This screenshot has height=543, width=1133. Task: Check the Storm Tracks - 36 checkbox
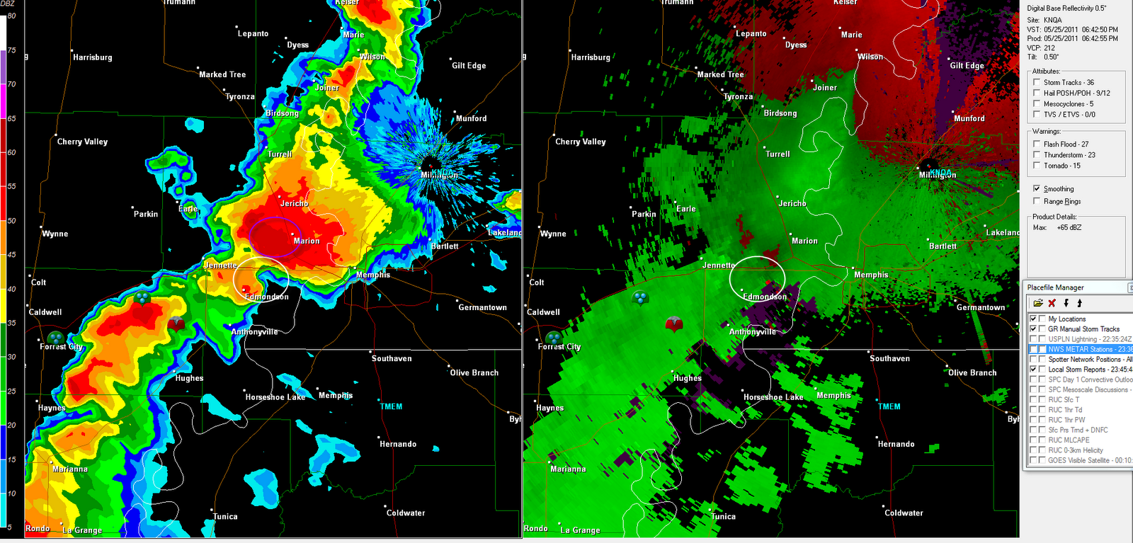point(1037,83)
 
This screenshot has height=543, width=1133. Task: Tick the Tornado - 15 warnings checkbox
point(1037,166)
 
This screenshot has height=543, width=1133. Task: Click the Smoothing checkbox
point(1037,189)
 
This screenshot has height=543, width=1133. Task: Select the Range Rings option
point(1037,202)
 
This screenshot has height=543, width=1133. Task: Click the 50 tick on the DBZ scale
point(11,221)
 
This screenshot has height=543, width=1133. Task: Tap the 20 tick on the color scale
point(11,425)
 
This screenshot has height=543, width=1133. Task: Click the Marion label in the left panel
point(307,241)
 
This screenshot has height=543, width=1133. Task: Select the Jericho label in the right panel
point(792,204)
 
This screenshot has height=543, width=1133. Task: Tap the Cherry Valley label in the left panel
point(82,142)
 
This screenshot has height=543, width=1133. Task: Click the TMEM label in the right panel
point(889,407)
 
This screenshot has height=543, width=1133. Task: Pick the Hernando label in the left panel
point(398,445)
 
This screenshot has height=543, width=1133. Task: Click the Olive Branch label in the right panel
point(972,373)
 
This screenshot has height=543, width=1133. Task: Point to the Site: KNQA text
point(1044,21)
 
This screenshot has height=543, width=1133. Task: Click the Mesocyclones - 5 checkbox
point(1037,104)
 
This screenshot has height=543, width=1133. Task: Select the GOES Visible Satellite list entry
point(1089,460)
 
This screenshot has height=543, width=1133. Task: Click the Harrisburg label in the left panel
point(93,57)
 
